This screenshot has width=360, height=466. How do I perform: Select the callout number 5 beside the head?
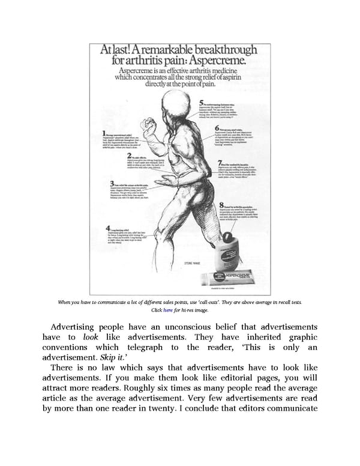203,103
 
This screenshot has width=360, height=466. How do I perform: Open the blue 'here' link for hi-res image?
168,309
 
